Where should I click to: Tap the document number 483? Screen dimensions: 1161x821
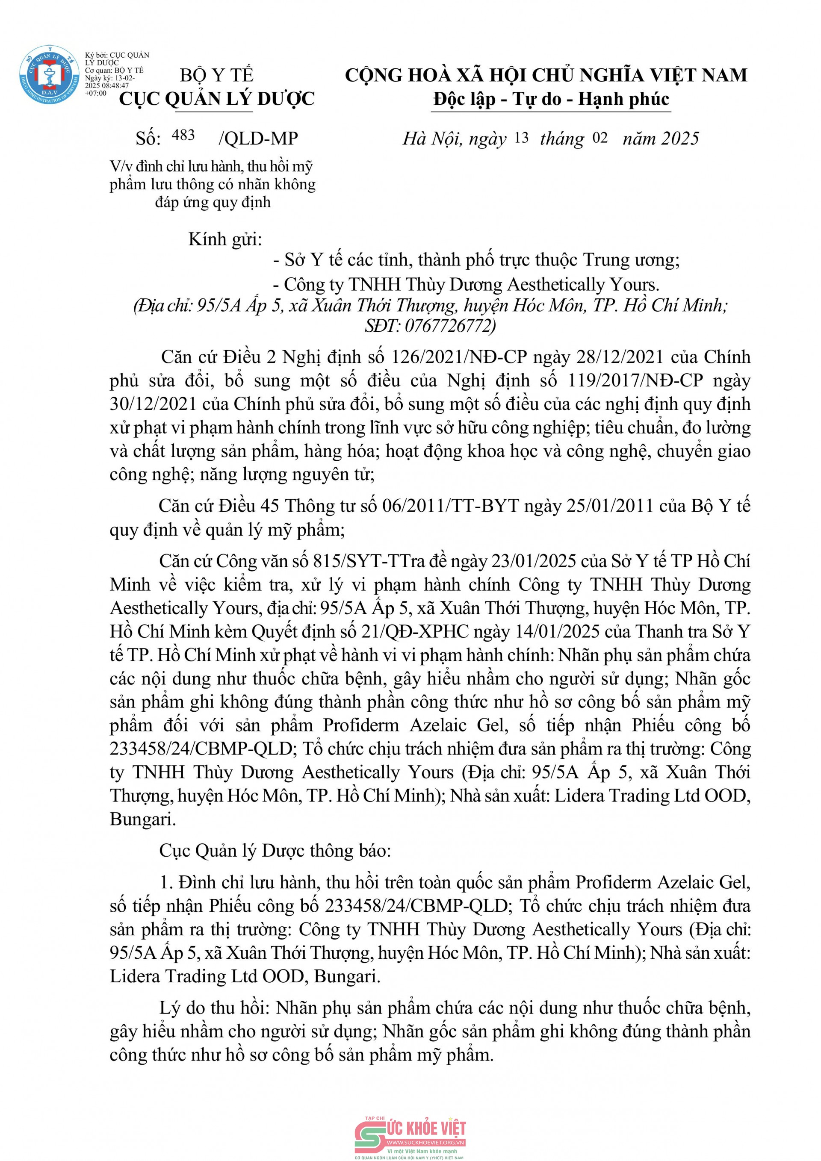(x=183, y=136)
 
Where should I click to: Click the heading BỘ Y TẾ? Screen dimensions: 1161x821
(x=216, y=75)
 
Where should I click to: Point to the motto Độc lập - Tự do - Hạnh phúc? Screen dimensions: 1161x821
(x=551, y=99)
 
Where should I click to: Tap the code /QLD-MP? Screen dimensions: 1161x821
(x=258, y=138)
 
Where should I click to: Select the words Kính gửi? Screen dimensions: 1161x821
(x=226, y=239)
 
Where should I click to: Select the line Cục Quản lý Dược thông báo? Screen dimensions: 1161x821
(x=275, y=851)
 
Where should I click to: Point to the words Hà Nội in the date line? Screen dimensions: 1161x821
(x=431, y=138)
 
